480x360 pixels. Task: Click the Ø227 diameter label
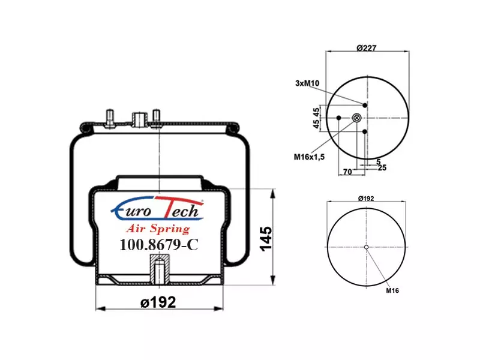tap(366, 48)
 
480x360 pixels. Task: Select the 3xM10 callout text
tap(307, 83)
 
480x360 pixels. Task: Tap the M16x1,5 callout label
tap(309, 157)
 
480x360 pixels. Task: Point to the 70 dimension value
tap(347, 172)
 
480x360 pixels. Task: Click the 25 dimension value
tap(382, 167)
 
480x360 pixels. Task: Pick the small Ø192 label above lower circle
tap(366, 199)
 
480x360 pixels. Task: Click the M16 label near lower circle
tap(392, 290)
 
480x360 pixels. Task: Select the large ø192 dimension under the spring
tap(158, 302)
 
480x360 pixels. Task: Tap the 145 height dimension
tap(266, 239)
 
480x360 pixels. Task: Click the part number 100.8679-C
tap(159, 244)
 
